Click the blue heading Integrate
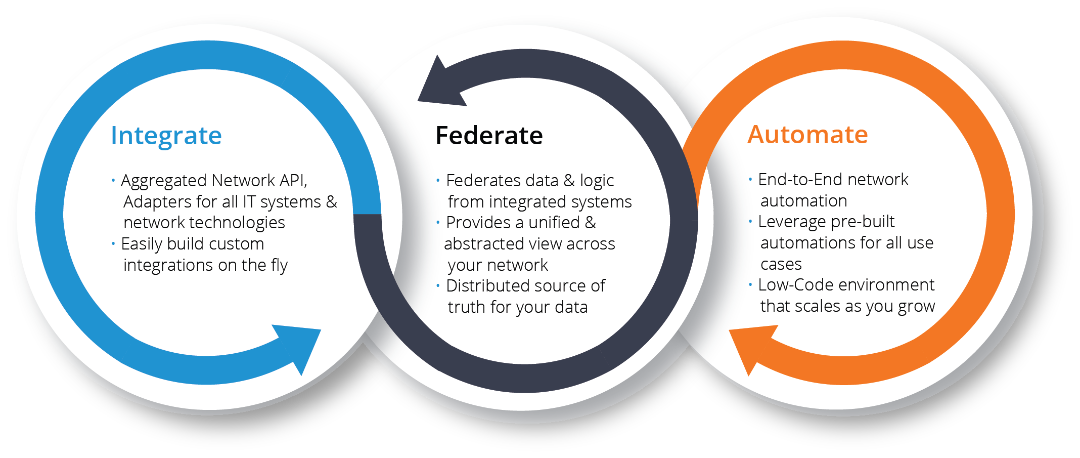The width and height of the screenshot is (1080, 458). (x=166, y=136)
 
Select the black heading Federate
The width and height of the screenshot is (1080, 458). (x=489, y=136)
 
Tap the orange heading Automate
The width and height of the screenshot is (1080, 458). (x=807, y=135)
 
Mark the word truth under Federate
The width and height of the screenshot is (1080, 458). (x=467, y=307)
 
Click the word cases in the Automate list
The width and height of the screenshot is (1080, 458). (x=781, y=264)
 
